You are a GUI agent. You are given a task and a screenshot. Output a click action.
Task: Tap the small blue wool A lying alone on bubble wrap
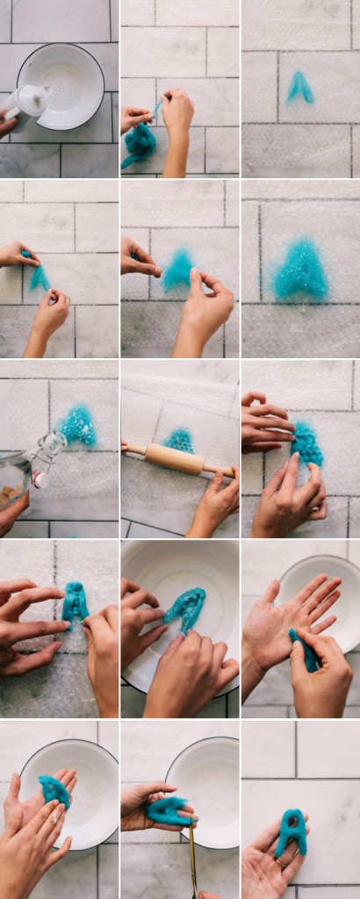coord(299,87)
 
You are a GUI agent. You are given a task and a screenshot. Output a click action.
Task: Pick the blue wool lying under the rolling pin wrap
coord(179,439)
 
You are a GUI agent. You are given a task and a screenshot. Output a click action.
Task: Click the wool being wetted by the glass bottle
coord(78,425)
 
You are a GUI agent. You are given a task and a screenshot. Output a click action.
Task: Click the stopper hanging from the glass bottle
coord(40,479)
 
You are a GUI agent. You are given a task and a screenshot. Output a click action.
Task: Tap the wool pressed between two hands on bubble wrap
coord(306,443)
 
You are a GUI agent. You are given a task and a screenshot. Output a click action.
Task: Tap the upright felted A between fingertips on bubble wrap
coord(75,603)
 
